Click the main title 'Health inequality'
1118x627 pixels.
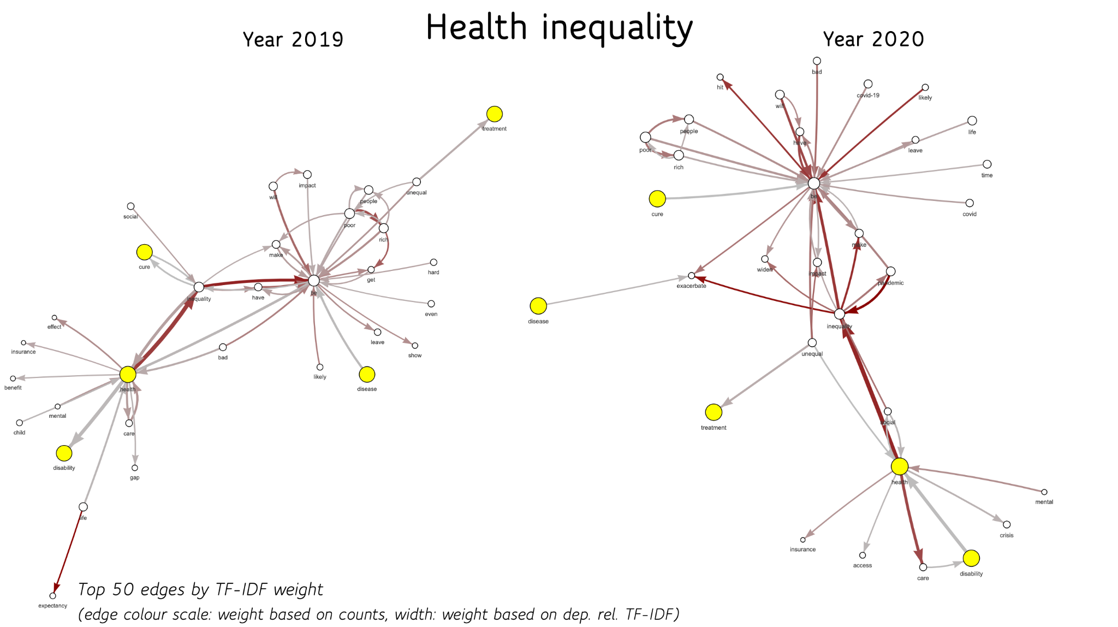pos(559,27)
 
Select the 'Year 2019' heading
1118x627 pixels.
pos(293,39)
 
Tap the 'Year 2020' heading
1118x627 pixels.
pos(873,39)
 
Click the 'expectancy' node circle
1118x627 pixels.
pos(53,596)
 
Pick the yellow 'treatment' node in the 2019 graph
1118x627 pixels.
pos(495,114)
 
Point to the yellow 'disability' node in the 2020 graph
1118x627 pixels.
pos(971,558)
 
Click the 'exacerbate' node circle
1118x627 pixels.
pos(692,276)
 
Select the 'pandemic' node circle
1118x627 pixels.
pos(891,271)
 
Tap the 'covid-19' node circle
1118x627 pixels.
pos(868,84)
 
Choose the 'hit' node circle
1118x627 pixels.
pos(720,78)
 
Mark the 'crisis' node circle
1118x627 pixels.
pos(1007,525)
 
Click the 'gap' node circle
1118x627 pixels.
pos(135,468)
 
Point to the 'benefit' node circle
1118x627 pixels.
pos(13,378)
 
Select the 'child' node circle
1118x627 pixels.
pos(20,423)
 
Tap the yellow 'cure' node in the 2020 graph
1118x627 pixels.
pos(657,199)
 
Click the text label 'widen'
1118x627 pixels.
pos(765,270)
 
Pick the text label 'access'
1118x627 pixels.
pos(863,566)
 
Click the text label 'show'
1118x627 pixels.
pos(415,356)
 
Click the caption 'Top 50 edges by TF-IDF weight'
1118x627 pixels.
pos(200,590)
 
